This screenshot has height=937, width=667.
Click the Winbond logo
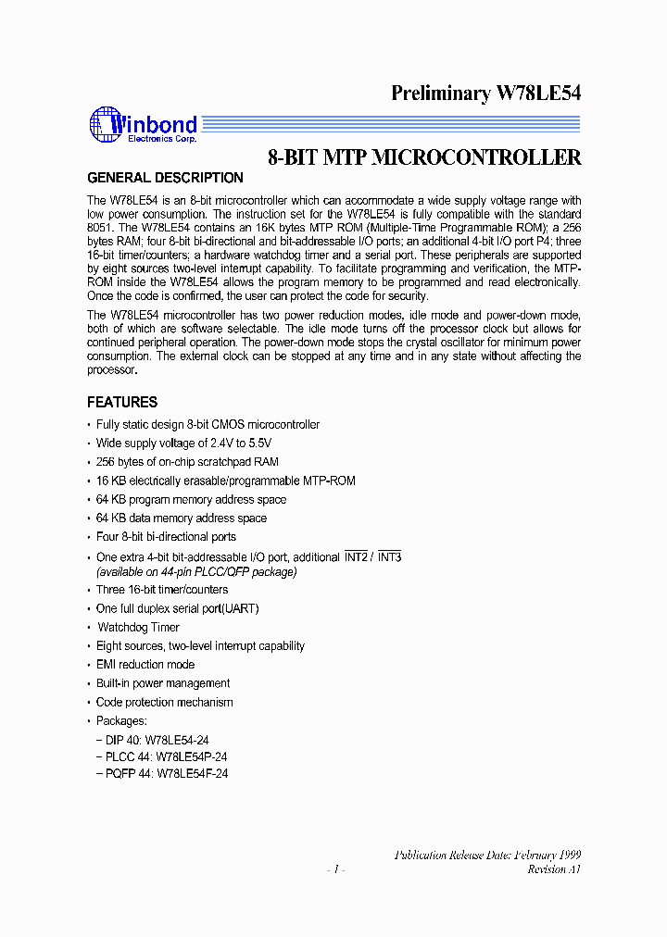click(143, 126)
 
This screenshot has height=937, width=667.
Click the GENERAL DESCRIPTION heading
click(165, 178)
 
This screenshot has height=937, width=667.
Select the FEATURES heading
click(122, 402)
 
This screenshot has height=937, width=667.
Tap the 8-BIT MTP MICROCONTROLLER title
click(424, 157)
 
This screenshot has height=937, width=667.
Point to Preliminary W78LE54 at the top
click(485, 93)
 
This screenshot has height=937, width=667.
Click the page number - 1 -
click(334, 869)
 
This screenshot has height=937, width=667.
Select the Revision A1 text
click(554, 869)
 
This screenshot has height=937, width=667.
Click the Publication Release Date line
click(487, 855)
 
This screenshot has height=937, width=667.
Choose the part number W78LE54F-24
click(192, 773)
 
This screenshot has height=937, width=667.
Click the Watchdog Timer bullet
click(138, 627)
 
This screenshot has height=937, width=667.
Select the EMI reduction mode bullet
click(145, 664)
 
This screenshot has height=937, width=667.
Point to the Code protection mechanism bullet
click(164, 702)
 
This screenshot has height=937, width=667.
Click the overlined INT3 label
click(389, 557)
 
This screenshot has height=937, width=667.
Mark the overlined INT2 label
click(356, 557)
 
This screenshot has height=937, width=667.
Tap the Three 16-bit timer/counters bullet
click(161, 589)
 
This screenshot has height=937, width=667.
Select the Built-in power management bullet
click(163, 683)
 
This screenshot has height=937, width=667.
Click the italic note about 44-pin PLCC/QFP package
click(196, 571)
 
